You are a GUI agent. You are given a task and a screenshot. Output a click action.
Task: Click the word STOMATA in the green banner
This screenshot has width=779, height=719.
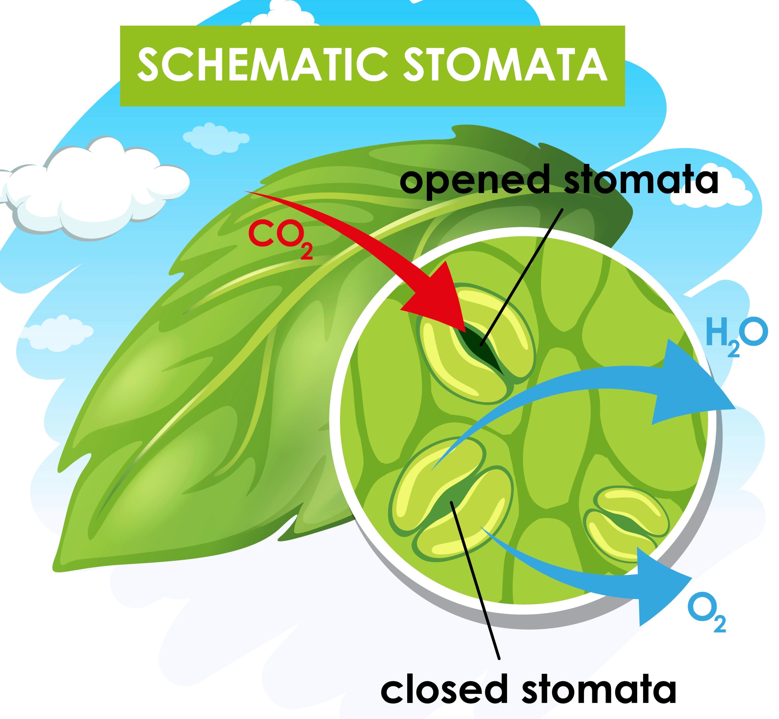505,65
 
